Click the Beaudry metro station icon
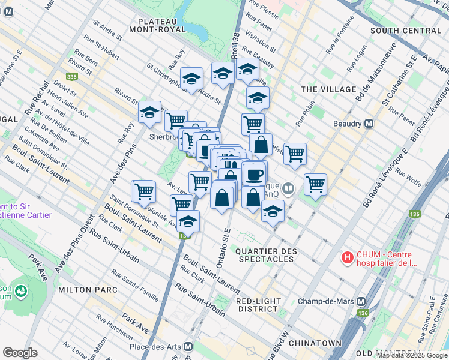pyautogui.click(x=369, y=124)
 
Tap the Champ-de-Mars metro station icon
pyautogui.click(x=361, y=301)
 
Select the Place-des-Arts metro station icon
pyautogui.click(x=188, y=347)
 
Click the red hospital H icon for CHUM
pyautogui.click(x=346, y=258)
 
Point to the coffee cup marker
pyautogui.click(x=254, y=175)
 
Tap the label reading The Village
pyautogui.click(x=328, y=89)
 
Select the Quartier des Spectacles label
pyautogui.click(x=265, y=255)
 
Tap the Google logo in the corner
pyautogui.click(x=20, y=353)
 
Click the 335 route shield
pyautogui.click(x=72, y=77)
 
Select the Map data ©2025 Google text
pyautogui.click(x=412, y=355)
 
